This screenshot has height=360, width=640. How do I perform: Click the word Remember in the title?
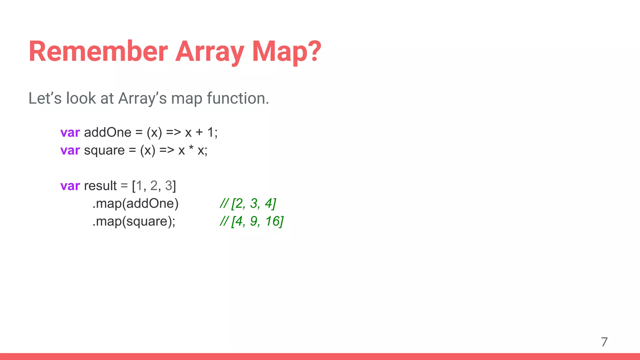(x=98, y=52)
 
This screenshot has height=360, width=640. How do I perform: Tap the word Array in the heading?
(x=210, y=52)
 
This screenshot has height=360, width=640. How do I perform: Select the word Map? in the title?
(x=286, y=52)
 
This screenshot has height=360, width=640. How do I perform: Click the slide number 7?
(x=604, y=342)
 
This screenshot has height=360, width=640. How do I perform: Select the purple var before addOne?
(x=70, y=133)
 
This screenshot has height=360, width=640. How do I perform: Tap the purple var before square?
(x=70, y=151)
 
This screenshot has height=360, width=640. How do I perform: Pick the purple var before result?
(x=70, y=186)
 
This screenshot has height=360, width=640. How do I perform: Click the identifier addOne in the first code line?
(x=107, y=132)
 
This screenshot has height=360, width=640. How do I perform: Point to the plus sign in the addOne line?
(x=199, y=133)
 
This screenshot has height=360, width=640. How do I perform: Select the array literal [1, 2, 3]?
(x=154, y=186)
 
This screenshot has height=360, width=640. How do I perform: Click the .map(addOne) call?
(x=135, y=204)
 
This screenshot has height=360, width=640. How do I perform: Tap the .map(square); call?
(x=134, y=222)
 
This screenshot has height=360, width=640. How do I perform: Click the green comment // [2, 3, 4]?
(x=248, y=204)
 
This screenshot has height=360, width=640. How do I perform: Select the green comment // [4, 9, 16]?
(x=252, y=222)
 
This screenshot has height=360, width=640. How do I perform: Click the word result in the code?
(x=100, y=186)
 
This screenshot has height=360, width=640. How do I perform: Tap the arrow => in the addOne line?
(x=173, y=133)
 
